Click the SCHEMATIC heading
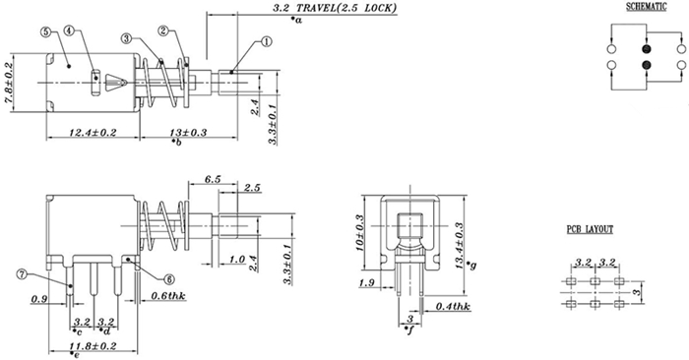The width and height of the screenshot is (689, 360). [x=646, y=7]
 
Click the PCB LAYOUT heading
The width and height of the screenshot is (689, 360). [x=590, y=229]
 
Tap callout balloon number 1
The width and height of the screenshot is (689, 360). [x=267, y=41]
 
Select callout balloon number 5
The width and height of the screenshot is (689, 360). [x=45, y=31]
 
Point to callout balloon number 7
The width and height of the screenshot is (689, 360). [x=22, y=274]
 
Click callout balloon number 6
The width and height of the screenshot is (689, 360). [x=169, y=279]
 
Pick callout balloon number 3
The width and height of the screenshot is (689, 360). [x=127, y=38]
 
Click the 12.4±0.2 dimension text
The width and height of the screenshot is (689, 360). [x=93, y=132]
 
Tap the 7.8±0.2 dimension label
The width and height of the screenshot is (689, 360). [x=8, y=83]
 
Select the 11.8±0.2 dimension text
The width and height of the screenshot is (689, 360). [x=93, y=346]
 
